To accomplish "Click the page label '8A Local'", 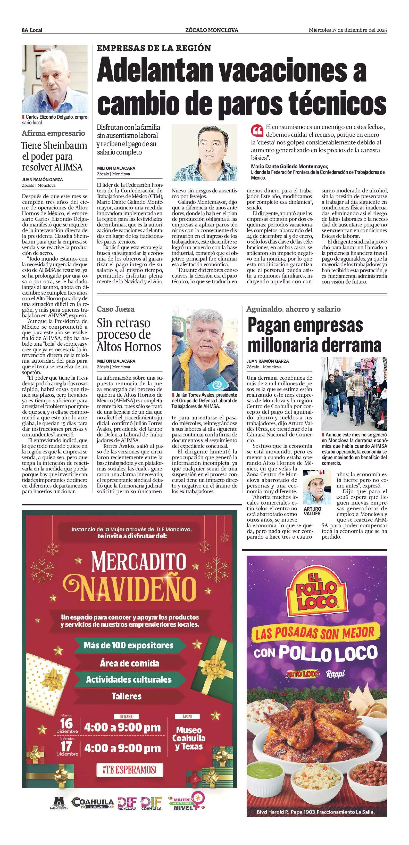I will (x=32, y=30).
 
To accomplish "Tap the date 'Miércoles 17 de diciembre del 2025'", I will (x=347, y=30).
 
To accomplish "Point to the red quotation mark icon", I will (x=257, y=130).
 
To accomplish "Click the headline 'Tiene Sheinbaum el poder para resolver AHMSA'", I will (x=54, y=156).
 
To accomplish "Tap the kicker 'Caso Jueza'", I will (x=115, y=309).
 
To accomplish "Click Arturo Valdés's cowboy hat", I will (x=316, y=476).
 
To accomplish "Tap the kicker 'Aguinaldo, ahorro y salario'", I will (x=293, y=309).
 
